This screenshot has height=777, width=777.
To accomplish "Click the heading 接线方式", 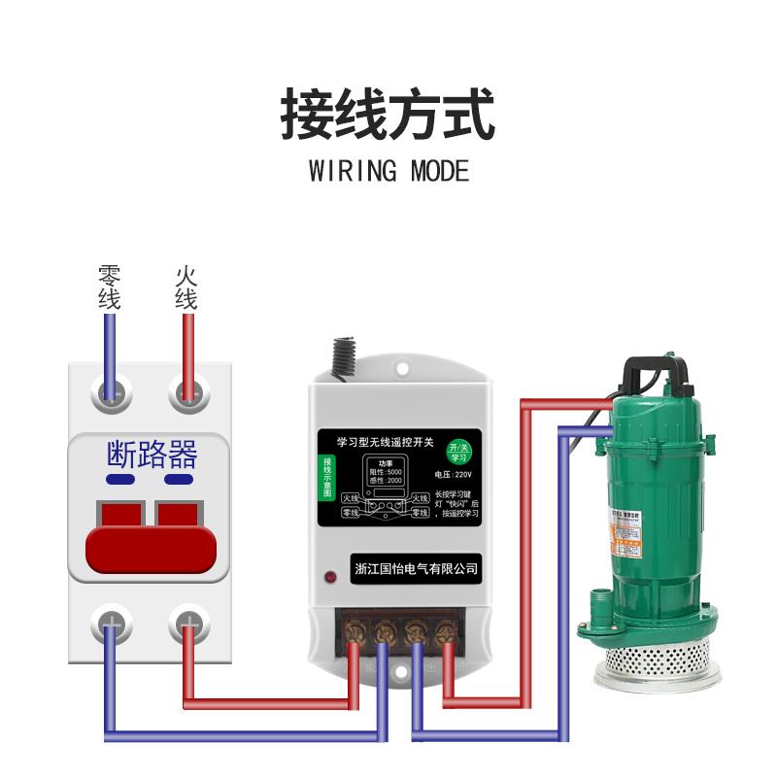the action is tap(388, 115).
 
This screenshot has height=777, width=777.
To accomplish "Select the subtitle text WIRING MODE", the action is tap(388, 172).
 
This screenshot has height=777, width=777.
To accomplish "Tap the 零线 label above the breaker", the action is tap(109, 287).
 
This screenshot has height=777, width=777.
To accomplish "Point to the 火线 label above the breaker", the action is tap(186, 287).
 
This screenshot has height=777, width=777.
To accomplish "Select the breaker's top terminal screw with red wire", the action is tap(186, 393).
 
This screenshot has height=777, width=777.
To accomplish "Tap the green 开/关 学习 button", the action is tap(457, 452).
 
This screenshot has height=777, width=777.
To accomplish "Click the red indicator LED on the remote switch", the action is tap(331, 580).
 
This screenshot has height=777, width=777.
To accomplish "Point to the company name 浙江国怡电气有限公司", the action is tap(418, 568).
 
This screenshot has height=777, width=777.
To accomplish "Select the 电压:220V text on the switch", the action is tap(455, 475).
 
